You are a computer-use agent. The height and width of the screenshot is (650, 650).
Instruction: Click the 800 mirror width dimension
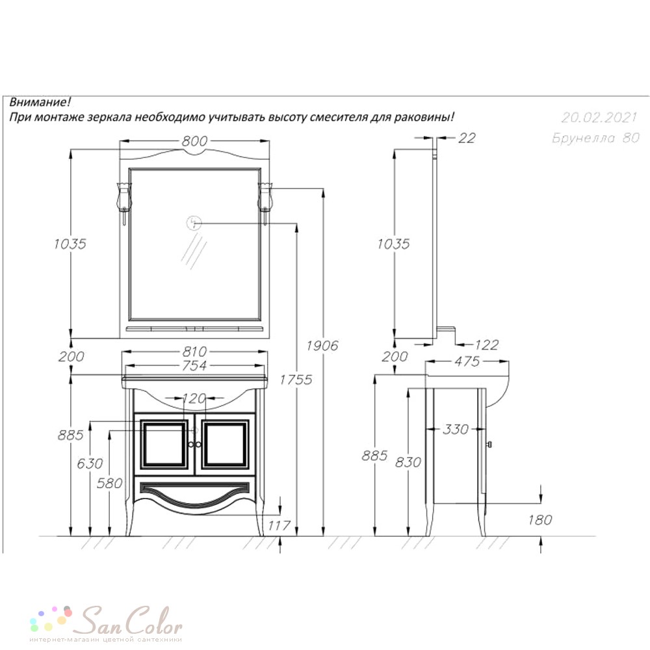[x=194, y=141]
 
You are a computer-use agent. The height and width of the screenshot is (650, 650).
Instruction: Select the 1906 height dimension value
[x=322, y=345]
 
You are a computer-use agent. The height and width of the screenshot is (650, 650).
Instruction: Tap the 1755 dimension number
[x=296, y=380]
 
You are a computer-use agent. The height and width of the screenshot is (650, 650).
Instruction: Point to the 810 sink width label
[x=194, y=352]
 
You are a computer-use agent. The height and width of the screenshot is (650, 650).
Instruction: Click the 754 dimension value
[x=194, y=365]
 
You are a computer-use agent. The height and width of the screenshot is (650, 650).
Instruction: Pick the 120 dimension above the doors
[x=194, y=399]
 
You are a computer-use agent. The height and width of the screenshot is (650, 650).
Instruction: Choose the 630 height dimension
[x=90, y=463]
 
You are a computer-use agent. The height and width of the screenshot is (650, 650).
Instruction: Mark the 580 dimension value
[x=109, y=483]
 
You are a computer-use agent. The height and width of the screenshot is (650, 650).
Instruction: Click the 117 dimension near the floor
[x=279, y=526]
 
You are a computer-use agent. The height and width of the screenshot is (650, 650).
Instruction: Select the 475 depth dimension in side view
[x=467, y=361]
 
